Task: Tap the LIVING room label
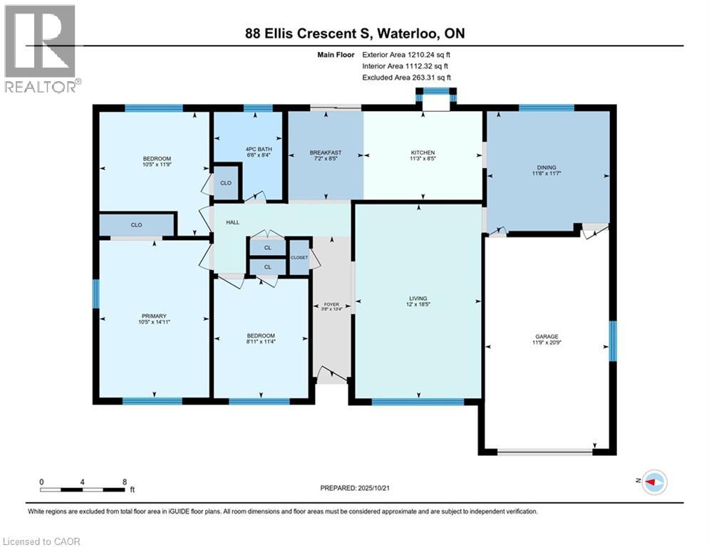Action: coord(418,298)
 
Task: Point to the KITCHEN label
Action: coord(423,152)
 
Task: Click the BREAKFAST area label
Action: coord(326,152)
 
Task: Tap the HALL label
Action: coord(232,223)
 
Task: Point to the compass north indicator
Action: coord(653,482)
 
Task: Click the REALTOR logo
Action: coord(41,48)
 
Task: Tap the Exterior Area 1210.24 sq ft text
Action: coord(406,53)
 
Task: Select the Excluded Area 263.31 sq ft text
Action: coord(406,77)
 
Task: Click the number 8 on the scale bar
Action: coord(125,481)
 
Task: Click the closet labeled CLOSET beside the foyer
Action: coord(299,257)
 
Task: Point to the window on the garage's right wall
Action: coord(612,336)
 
